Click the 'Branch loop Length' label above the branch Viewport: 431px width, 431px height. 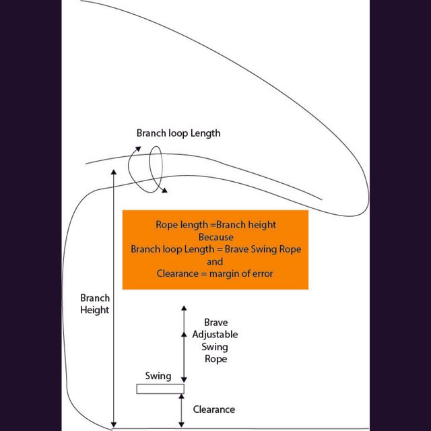(178, 133)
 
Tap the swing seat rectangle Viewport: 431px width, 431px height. (160, 389)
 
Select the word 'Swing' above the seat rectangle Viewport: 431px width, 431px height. (158, 376)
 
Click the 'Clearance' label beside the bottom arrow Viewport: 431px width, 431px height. (214, 409)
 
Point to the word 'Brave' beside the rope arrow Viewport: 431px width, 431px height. (215, 322)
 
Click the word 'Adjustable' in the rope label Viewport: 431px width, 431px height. (215, 335)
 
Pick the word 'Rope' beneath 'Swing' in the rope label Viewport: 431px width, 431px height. (215, 359)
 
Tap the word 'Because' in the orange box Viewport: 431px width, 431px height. (216, 237)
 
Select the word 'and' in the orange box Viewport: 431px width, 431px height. (215, 261)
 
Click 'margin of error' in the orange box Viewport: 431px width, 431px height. (241, 274)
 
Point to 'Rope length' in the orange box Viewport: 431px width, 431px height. (182, 225)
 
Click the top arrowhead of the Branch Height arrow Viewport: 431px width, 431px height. (114, 172)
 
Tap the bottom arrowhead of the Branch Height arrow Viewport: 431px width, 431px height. (114, 425)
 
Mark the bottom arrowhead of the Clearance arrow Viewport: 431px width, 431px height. (181, 425)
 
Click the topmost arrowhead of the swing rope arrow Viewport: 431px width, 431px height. (184, 308)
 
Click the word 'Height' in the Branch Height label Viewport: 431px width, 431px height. (94, 310)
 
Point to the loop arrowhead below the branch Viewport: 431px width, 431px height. (164, 190)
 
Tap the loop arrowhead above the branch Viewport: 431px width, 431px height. (138, 149)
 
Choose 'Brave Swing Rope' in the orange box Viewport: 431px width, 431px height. (263, 249)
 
